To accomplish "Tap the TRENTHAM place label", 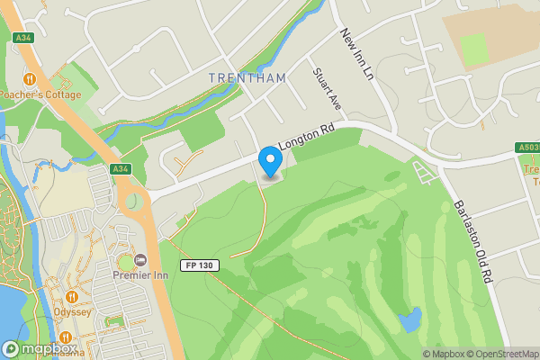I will tap(247, 78).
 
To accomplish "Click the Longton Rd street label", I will tap(306, 138).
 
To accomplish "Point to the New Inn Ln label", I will tap(356, 52).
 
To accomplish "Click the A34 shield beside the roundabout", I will tap(121, 168).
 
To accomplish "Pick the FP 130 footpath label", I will tap(200, 265).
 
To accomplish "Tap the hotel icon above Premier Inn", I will tap(139, 261).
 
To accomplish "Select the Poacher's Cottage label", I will tap(40, 94).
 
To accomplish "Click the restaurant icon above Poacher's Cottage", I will tap(29, 78).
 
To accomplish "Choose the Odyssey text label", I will tap(72, 312).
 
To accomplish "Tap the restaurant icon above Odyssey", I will tap(72, 296).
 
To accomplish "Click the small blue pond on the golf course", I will tap(410, 319).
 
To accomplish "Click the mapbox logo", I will tap(39, 348).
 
